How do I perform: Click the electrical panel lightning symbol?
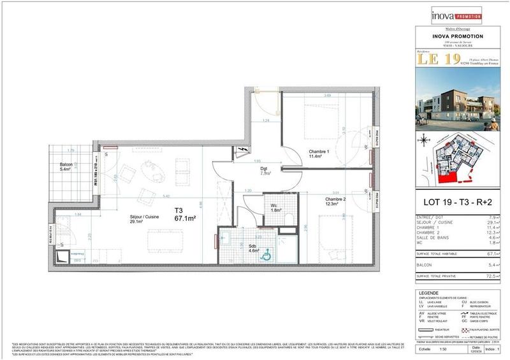(x=242, y=150)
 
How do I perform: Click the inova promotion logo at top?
(x=449, y=12)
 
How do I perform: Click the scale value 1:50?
(x=442, y=349)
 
